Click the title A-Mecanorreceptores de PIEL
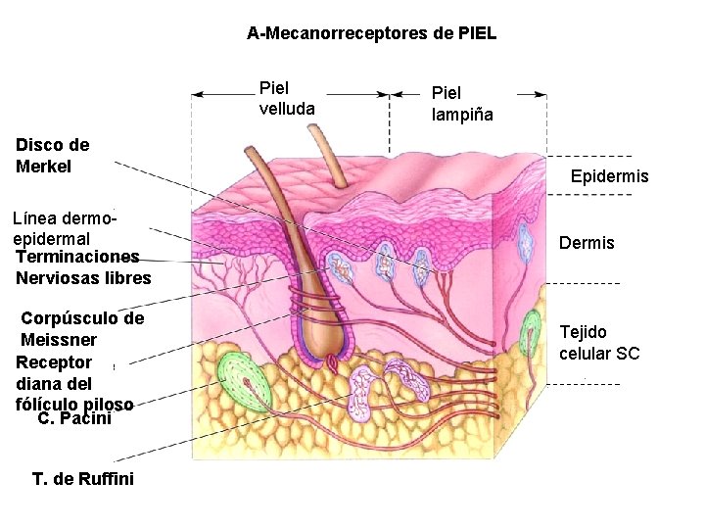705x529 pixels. [371, 34]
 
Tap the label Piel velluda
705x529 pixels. [287, 98]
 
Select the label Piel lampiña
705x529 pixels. [462, 103]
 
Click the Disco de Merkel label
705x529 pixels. [53, 156]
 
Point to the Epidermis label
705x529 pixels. [609, 177]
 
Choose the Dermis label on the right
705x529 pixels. [587, 243]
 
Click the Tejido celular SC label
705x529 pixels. [599, 343]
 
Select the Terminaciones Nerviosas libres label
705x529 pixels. [83, 267]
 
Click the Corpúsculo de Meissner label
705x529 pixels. [81, 329]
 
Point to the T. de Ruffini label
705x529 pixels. [83, 479]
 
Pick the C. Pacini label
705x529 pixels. [74, 419]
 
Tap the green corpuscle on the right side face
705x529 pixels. [531, 333]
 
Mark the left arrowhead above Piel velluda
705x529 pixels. [196, 95]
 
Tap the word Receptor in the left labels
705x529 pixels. [54, 362]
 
